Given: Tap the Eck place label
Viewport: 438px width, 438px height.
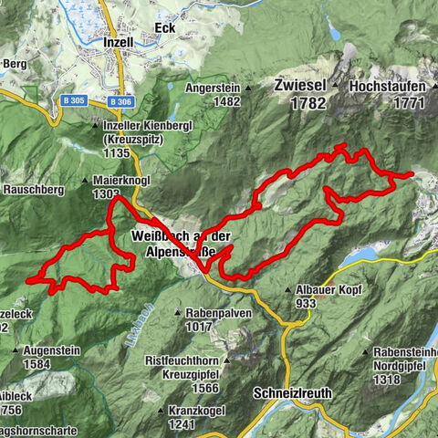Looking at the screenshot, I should coord(165,28).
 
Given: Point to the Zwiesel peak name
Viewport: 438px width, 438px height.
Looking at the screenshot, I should coord(298,84).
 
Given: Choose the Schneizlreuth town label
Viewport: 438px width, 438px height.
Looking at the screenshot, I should coord(292,393).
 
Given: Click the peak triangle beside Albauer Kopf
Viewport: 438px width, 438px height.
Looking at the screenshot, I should coord(288,289).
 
